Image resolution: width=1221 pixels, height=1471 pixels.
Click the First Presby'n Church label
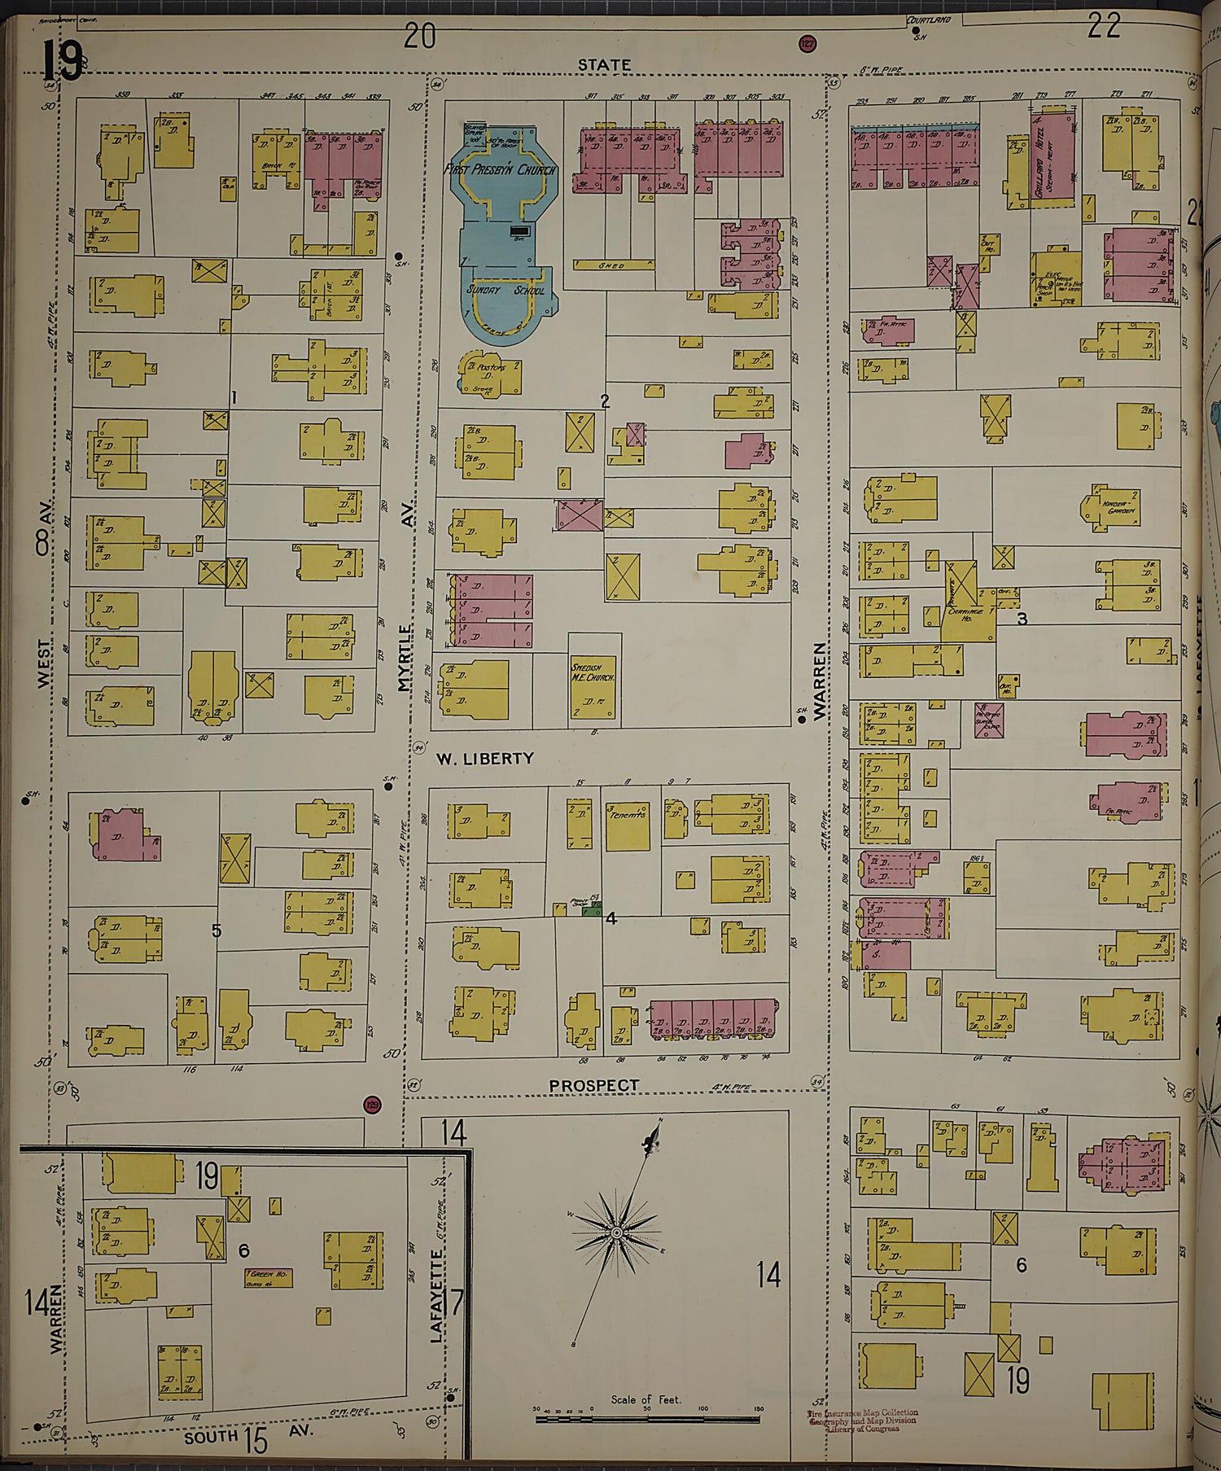(500, 170)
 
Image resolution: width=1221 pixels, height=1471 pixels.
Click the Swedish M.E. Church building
(593, 681)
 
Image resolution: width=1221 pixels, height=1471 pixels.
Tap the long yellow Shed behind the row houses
(613, 265)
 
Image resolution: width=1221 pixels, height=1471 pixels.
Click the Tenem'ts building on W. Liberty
(628, 825)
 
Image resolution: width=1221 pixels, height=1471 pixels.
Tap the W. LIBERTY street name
(485, 758)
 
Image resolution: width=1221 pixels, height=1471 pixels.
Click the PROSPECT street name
(593, 1086)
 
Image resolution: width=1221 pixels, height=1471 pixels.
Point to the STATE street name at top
(604, 64)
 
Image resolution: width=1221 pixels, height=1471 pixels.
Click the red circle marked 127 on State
(807, 44)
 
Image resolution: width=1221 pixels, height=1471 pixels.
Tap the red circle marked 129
(372, 1105)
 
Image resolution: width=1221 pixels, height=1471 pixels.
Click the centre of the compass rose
(617, 1234)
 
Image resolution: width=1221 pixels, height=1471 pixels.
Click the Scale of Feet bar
(647, 1420)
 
